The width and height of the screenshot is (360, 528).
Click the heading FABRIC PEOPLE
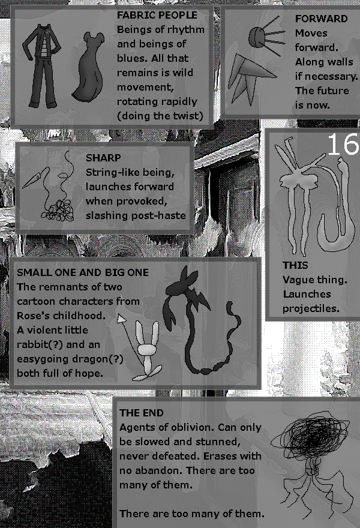[x=157, y=15]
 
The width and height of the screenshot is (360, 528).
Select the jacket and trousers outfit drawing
[x=43, y=66]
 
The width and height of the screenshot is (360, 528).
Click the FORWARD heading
[x=321, y=19]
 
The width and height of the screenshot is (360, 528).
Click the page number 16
[x=343, y=144]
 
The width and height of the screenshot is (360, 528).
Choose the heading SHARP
[x=103, y=158]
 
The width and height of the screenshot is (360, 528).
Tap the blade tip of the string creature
[x=24, y=187]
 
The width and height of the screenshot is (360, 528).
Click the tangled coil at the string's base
[x=58, y=211]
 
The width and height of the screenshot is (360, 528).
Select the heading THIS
[x=295, y=265]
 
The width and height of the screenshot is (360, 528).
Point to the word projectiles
[x=311, y=308]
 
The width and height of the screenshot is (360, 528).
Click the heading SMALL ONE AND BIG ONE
[x=83, y=272]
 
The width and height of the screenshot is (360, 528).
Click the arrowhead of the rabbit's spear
[x=121, y=318]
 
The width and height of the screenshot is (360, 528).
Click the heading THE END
[x=142, y=413]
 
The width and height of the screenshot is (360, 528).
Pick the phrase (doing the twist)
[x=160, y=116]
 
